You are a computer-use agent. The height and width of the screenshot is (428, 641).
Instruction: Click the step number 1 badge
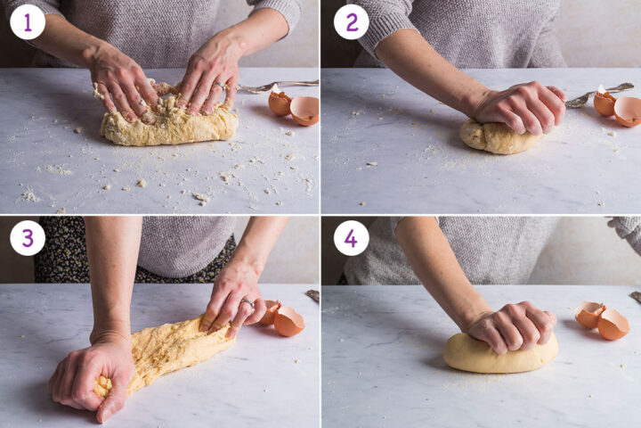28,22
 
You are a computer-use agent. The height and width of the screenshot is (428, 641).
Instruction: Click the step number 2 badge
351,22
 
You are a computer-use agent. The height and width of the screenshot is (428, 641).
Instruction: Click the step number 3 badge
28,238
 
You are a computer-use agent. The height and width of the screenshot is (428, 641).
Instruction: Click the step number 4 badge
351,238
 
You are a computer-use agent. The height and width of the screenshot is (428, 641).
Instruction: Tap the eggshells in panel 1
295,106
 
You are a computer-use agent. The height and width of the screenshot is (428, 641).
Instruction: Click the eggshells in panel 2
618,106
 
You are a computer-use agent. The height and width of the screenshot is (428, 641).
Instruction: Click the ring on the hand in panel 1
220,86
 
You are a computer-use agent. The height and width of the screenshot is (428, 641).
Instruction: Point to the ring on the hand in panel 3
247,302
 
